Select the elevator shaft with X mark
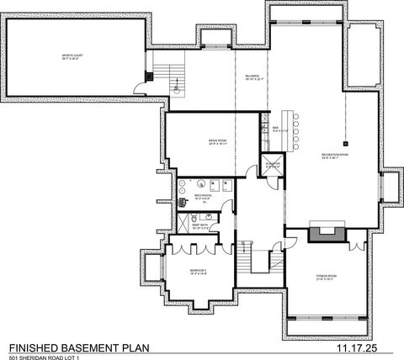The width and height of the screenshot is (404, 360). pyautogui.click(x=272, y=166)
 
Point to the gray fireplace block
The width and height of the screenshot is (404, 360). pyautogui.click(x=325, y=232)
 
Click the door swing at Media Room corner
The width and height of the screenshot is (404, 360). pyautogui.click(x=251, y=172)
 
